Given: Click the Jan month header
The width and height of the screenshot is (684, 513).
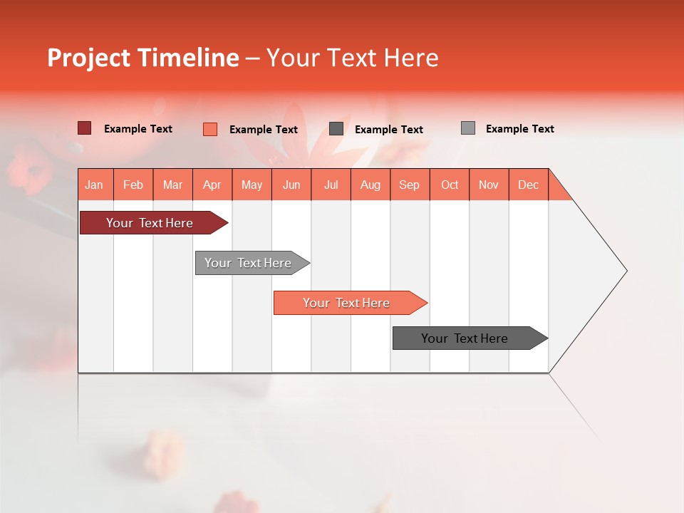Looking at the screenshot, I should [x=95, y=185].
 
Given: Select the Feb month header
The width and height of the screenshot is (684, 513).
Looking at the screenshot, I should [x=133, y=185].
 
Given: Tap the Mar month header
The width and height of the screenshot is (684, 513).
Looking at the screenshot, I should [x=172, y=185].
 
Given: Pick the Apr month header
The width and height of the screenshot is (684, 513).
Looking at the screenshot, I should [x=212, y=185].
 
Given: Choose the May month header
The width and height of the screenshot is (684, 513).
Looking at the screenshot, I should [x=252, y=185].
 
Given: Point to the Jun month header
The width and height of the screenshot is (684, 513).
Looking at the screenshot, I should [x=291, y=185].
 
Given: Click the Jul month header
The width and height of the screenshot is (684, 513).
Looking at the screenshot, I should [x=331, y=185].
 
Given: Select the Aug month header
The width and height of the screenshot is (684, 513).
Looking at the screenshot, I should [x=370, y=185].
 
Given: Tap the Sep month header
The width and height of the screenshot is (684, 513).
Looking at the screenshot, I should [x=410, y=185].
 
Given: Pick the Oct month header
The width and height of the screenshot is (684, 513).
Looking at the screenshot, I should [x=450, y=185].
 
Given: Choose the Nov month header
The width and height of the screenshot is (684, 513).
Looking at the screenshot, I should [x=489, y=185].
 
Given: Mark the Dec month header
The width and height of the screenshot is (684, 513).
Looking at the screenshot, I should [x=529, y=185].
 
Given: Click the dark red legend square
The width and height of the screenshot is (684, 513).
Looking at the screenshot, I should [x=84, y=128].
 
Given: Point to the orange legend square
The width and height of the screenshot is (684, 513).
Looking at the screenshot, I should [x=210, y=129].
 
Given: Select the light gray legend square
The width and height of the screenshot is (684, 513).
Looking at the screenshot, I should [x=468, y=128].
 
